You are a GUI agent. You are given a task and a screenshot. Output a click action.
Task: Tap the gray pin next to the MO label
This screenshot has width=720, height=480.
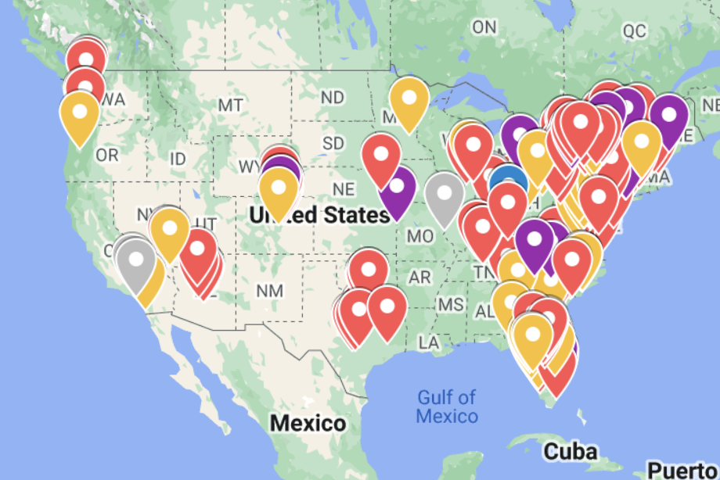pos(445,192)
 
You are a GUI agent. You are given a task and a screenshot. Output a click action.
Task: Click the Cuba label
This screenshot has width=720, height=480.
pos(571,451)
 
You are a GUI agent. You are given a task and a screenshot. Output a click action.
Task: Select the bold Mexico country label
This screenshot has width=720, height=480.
pos(308,424)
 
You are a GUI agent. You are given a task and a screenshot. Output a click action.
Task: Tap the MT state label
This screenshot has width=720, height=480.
pos(230,105)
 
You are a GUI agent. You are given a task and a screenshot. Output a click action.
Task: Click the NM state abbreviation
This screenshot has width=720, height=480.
pos(269,290)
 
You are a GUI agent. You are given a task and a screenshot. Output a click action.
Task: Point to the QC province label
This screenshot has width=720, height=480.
pos(634,30)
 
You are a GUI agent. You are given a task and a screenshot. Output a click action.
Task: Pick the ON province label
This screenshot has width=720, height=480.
pos(484,27)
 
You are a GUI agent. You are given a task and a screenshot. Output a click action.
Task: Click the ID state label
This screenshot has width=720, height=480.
pos(178,159)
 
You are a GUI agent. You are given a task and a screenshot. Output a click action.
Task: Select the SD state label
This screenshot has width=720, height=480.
pos(333,144)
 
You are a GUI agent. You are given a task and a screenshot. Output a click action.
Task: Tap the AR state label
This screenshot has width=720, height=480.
pos(419,278)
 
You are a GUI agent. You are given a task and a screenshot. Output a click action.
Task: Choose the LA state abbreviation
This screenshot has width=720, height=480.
pos(428,342)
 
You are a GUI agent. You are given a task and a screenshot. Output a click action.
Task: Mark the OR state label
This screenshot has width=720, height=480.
pos(106,155)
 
